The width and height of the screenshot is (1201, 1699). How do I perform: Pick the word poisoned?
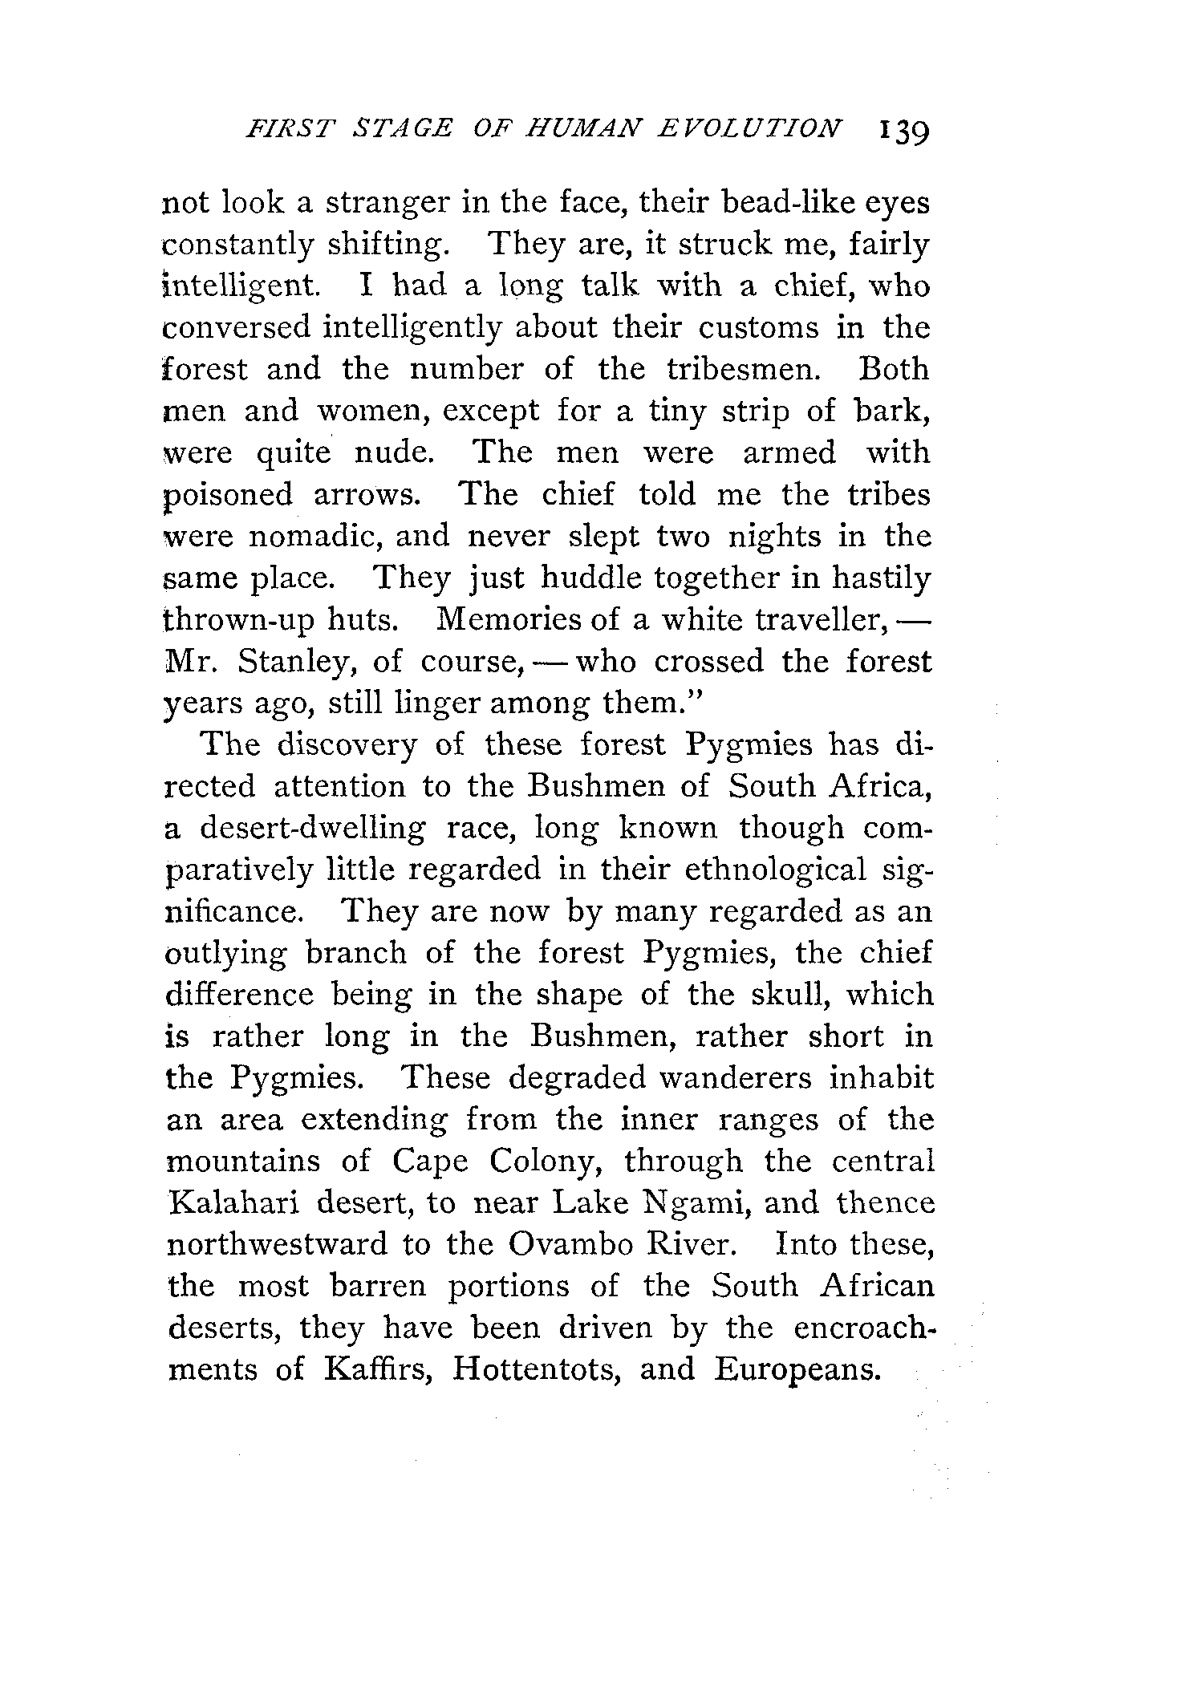tap(229, 495)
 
